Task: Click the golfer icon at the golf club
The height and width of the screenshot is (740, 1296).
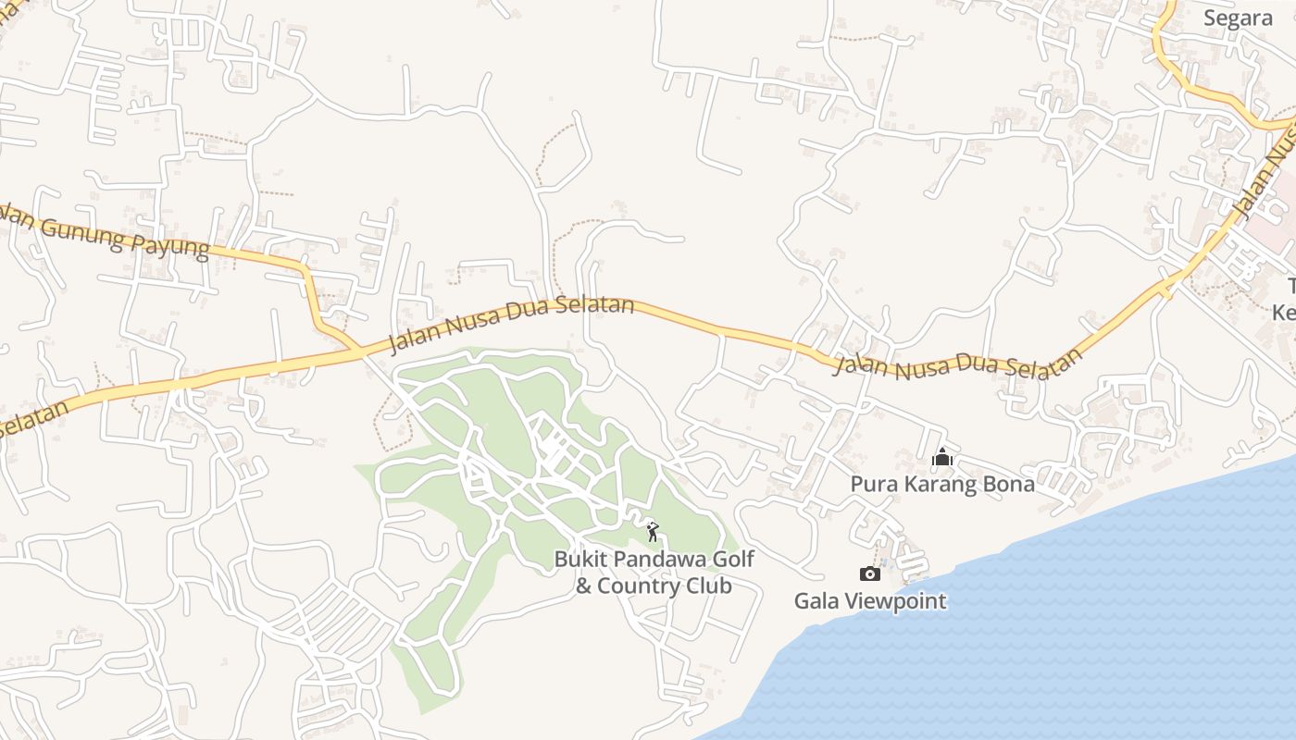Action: click(x=653, y=532)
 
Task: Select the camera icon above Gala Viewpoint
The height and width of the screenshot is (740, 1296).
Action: click(x=870, y=573)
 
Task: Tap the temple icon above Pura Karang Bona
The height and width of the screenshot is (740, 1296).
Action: click(x=942, y=457)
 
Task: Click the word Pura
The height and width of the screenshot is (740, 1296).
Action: click(x=873, y=484)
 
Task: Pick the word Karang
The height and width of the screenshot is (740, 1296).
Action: click(x=939, y=484)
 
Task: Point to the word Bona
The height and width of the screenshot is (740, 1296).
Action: click(x=1009, y=484)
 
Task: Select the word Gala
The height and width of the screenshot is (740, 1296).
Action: click(x=815, y=601)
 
